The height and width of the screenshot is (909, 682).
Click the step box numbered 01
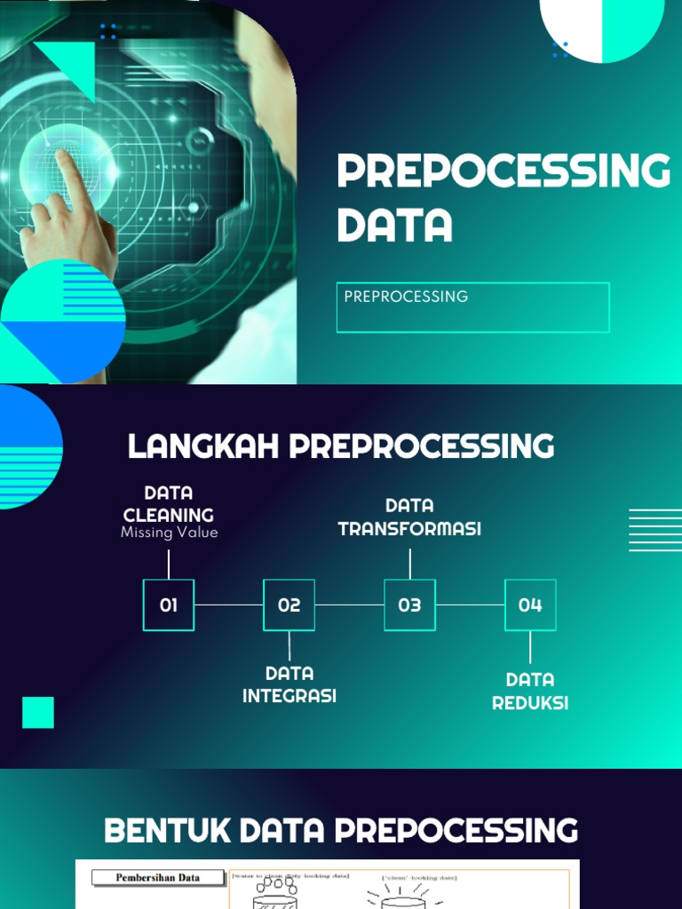(x=169, y=605)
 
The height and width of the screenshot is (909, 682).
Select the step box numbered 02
(x=289, y=605)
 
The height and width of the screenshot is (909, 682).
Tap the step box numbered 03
(x=409, y=605)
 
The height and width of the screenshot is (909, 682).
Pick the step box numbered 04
(x=530, y=605)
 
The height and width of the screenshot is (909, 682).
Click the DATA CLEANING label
(x=169, y=503)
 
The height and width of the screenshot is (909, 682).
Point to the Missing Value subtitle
(x=169, y=533)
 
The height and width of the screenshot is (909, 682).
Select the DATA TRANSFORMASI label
(x=409, y=518)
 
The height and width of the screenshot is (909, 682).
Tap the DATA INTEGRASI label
(x=289, y=684)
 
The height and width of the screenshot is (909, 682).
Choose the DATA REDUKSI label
(x=530, y=692)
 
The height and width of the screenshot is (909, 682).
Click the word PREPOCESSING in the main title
(x=504, y=171)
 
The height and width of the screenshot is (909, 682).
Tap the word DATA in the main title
(x=394, y=225)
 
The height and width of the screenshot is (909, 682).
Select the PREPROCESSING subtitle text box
(x=472, y=307)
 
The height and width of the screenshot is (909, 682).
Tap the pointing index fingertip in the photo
(x=61, y=155)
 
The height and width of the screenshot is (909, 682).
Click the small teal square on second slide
(x=38, y=713)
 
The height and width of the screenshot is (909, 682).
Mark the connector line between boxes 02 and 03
(x=350, y=605)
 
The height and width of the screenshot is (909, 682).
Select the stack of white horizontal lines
(x=655, y=530)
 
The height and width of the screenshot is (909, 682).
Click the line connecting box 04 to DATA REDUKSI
(x=530, y=647)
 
